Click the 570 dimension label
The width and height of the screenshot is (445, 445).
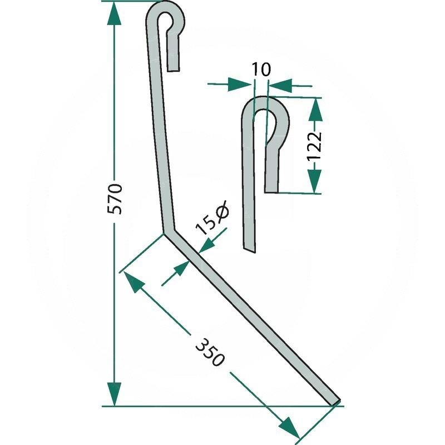click(115, 199)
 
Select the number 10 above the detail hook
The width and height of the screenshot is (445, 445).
click(261, 70)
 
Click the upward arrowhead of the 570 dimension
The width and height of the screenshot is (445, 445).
click(114, 15)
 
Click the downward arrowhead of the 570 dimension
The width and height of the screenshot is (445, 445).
click(114, 394)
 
